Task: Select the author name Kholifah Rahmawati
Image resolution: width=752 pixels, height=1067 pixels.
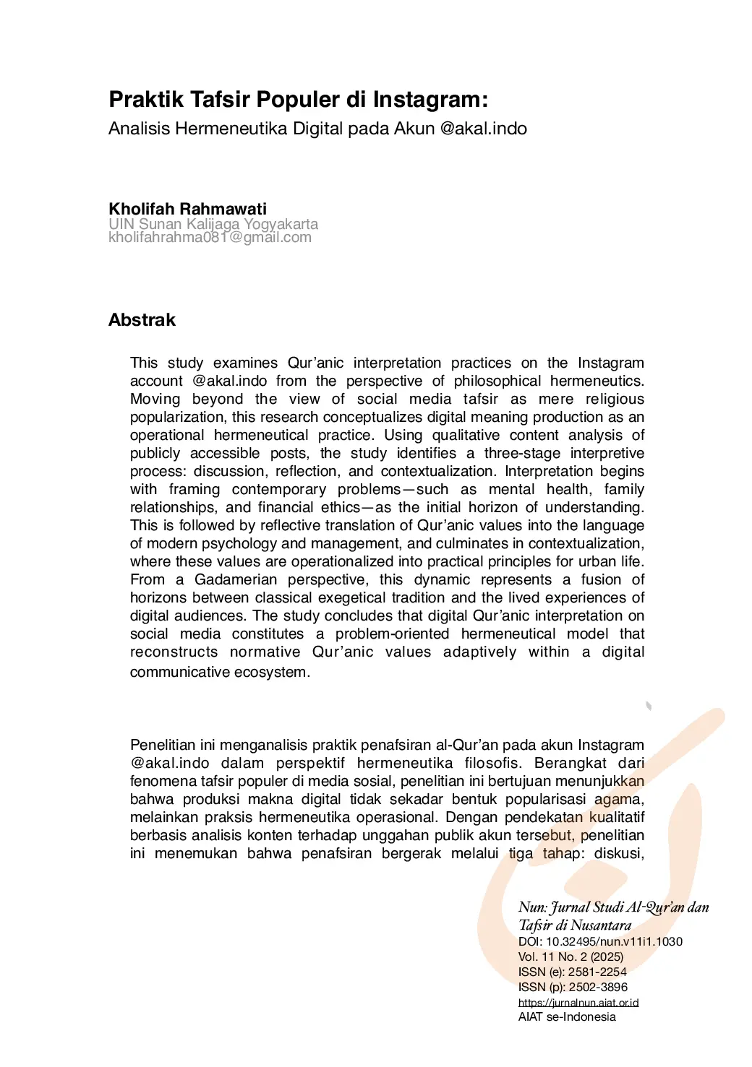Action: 187,209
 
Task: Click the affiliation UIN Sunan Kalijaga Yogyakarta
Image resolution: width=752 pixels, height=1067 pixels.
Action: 213,224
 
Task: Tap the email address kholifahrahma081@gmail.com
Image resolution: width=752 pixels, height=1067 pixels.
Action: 210,237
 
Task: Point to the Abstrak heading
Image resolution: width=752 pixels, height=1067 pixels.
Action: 142,320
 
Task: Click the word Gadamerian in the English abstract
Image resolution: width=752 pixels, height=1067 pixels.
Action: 236,579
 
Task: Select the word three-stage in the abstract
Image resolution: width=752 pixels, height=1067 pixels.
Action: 522,453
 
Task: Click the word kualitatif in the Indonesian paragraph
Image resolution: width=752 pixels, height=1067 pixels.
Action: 616,817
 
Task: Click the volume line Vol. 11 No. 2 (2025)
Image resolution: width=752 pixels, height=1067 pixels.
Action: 571,956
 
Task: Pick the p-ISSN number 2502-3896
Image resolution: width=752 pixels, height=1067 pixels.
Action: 597,987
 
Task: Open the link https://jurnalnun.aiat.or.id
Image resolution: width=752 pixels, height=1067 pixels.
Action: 578,1002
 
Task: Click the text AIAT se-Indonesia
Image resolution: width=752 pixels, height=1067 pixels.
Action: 567,1016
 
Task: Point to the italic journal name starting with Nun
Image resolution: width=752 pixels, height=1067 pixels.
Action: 613,907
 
